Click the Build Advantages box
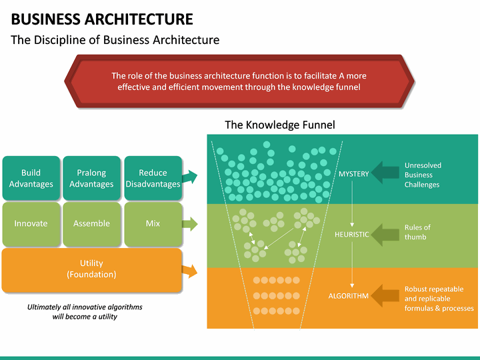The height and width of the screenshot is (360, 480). [x=31, y=178]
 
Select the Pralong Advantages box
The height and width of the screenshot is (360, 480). [x=91, y=178]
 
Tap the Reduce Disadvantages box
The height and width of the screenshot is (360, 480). [x=153, y=178]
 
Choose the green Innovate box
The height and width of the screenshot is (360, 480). [x=31, y=224]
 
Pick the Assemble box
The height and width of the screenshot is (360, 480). [x=91, y=224]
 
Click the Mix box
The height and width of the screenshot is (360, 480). [x=153, y=224]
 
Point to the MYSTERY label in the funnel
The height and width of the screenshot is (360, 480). [x=353, y=174]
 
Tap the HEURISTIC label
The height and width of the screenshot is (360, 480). [x=352, y=235]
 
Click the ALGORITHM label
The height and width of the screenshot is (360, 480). [x=348, y=296]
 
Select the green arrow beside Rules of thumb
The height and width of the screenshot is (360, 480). [x=385, y=234]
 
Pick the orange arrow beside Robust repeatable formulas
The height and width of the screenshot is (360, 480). [x=385, y=295]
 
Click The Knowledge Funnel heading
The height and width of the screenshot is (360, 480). [x=280, y=125]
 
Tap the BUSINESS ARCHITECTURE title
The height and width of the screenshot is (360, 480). [x=102, y=19]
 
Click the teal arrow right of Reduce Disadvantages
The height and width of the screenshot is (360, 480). [x=190, y=177]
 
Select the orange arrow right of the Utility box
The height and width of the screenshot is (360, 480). [x=190, y=270]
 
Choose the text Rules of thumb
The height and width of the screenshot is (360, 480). [x=417, y=232]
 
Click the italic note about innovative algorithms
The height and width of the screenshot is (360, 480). [x=85, y=311]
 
